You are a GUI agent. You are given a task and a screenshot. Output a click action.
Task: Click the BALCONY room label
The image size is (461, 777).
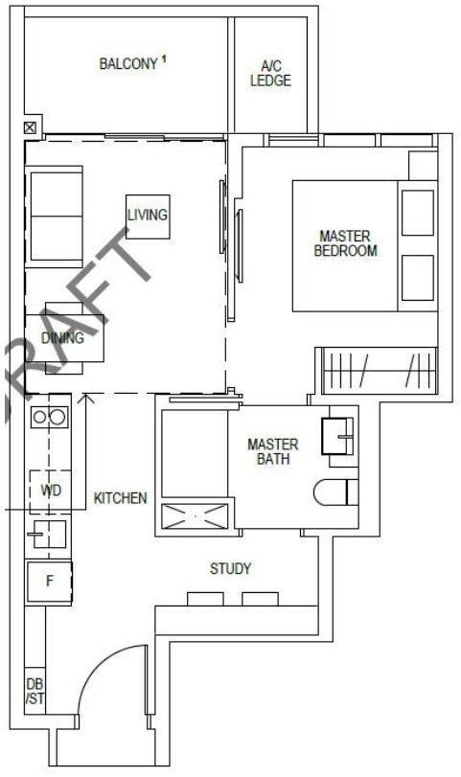tap(128, 64)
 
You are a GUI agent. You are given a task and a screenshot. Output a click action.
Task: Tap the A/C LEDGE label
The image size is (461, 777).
tap(270, 74)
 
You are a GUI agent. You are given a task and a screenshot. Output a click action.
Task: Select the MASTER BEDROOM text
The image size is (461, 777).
tap(345, 243)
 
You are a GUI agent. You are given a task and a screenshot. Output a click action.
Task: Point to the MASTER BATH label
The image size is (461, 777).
tap(273, 451)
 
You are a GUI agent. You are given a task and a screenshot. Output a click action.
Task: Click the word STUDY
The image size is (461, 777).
tap(230, 568)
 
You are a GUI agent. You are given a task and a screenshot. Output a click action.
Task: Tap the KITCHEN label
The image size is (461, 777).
tap(121, 498)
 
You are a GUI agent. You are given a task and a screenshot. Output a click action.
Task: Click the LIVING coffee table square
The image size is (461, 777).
tap(148, 217)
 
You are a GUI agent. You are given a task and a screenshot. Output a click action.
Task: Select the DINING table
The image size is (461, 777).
tap(65, 338)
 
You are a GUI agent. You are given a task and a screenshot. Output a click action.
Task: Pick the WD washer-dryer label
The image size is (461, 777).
tap(51, 491)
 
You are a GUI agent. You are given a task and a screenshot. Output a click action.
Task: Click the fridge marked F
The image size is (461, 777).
tap(49, 582)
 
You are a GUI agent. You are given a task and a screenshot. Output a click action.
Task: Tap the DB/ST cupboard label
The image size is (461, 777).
tap(35, 692)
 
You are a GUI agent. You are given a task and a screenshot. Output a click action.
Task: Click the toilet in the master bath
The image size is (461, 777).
tap(336, 492)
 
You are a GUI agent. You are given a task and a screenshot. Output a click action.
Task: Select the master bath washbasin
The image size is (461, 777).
tap(337, 436)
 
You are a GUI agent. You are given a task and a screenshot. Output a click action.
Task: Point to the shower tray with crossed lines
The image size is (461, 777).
tap(196, 516)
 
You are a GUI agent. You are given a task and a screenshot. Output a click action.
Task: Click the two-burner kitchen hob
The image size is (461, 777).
tap(49, 417)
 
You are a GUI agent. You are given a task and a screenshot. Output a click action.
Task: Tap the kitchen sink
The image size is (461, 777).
tap(47, 534)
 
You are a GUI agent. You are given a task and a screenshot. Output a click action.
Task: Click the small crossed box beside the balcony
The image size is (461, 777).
tap(31, 128)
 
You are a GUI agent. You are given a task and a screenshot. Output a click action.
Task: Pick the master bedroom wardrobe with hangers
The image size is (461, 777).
tap(380, 371)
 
